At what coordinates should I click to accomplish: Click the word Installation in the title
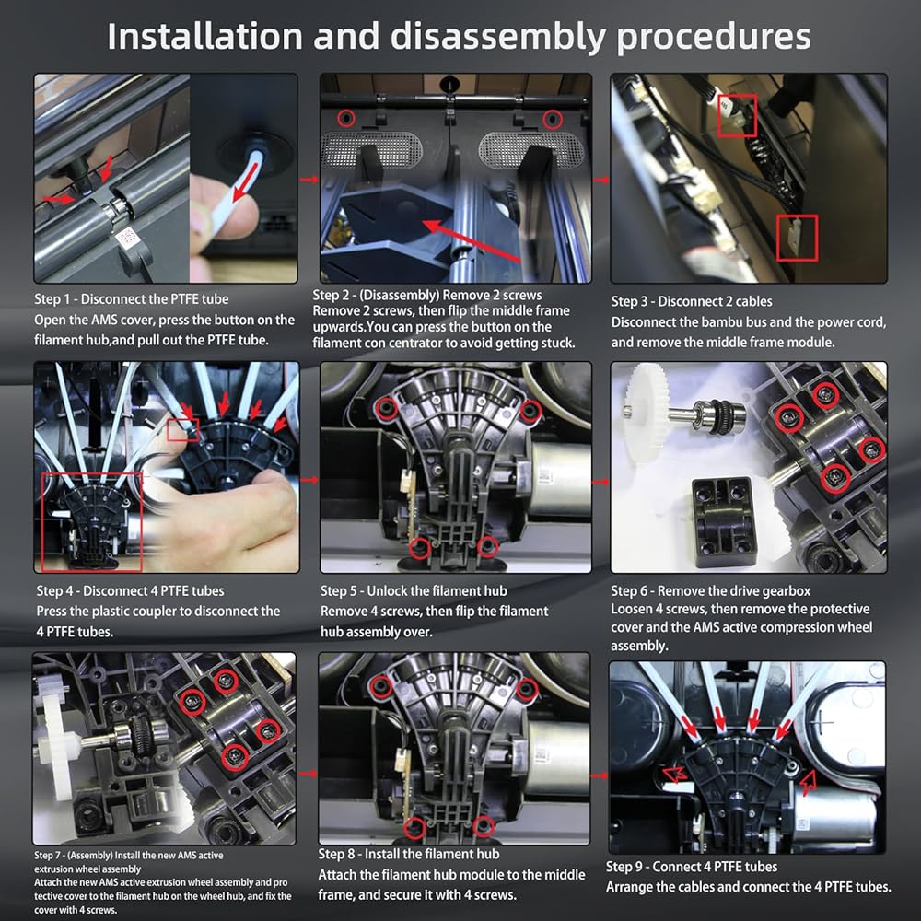[x=205, y=37]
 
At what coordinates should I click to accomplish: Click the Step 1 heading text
[x=132, y=299]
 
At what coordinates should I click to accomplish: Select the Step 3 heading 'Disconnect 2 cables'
[x=692, y=301]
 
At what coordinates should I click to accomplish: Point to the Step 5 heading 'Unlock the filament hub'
[x=414, y=591]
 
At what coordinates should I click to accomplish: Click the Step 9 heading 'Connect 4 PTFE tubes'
[x=692, y=867]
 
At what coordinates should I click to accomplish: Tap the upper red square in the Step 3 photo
[x=737, y=115]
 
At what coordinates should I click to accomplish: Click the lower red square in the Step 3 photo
[x=797, y=238]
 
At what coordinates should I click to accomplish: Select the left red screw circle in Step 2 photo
[x=346, y=119]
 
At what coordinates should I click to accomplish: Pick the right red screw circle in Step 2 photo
[x=552, y=119]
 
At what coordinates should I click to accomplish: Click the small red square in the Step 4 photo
[x=183, y=429]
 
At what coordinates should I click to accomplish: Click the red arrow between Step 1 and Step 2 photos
[x=309, y=180]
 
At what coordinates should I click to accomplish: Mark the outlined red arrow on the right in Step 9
[x=808, y=782]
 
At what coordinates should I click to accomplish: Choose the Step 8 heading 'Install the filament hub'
[x=409, y=854]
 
